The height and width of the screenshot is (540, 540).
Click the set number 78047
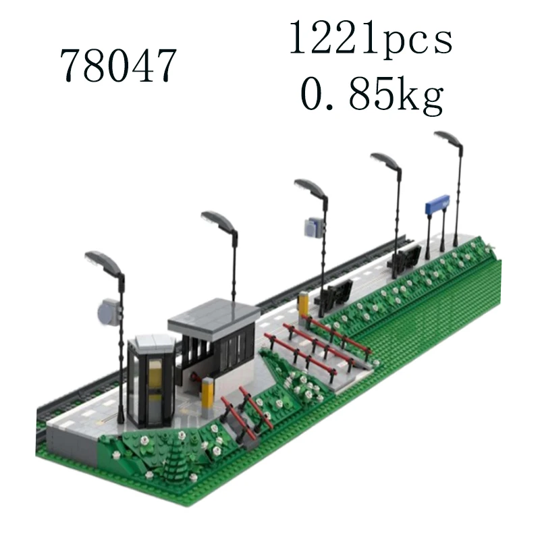[x=118, y=65]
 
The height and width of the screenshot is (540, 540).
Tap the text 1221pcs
[x=371, y=38]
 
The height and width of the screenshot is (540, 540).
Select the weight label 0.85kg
[x=371, y=93]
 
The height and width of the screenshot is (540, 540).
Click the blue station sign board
[x=437, y=203]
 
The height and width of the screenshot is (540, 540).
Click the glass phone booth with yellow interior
[x=151, y=381]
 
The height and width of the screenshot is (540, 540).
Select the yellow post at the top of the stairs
[x=303, y=303]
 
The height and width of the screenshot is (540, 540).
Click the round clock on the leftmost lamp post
[x=108, y=313]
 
